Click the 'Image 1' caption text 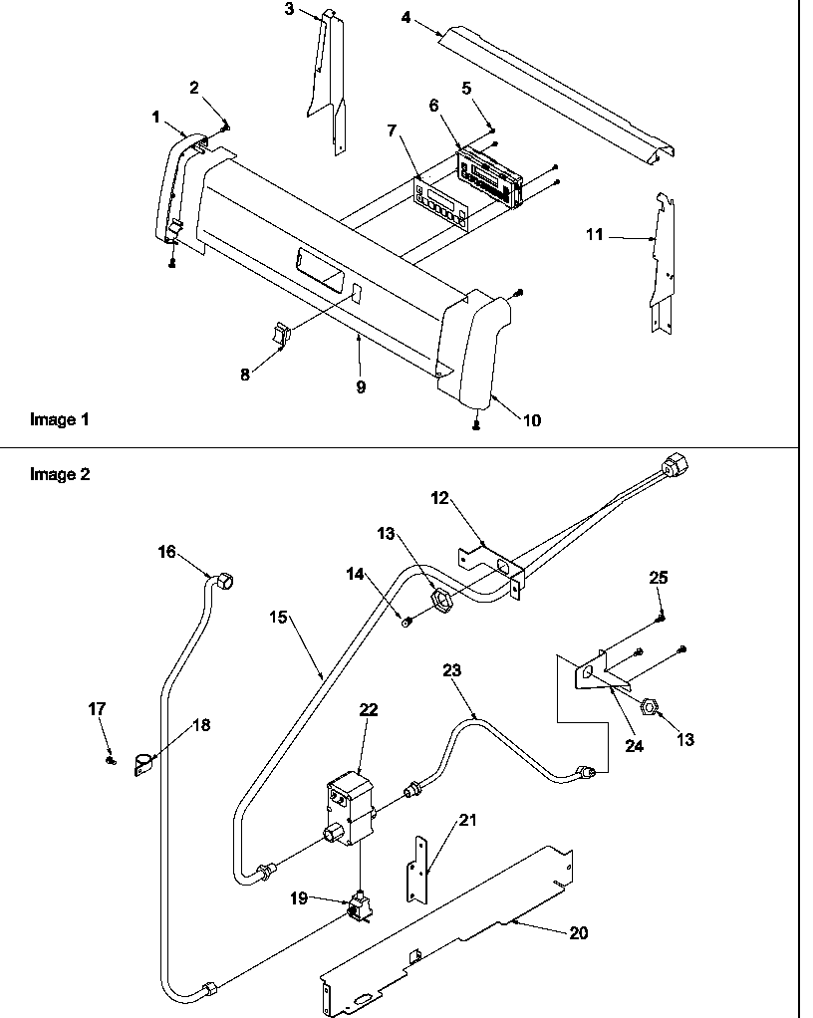click(59, 420)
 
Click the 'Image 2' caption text click(59, 474)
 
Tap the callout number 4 click(406, 17)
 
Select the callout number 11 click(594, 235)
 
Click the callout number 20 click(578, 933)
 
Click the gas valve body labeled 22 click(350, 806)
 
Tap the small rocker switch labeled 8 click(280, 336)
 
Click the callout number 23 click(452, 671)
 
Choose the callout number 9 click(360, 387)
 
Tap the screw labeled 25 click(660, 619)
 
